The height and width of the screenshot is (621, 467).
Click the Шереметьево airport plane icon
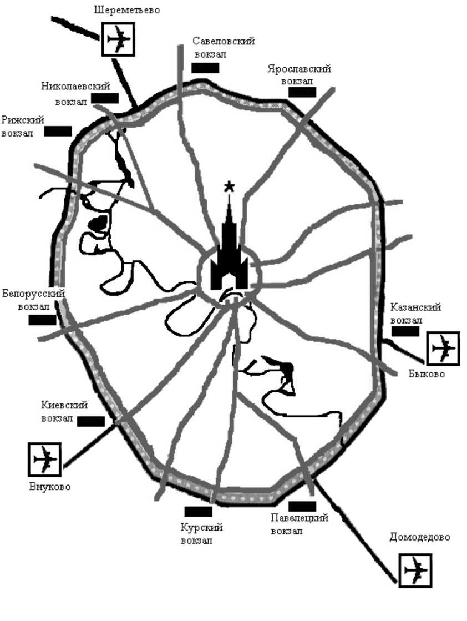118,39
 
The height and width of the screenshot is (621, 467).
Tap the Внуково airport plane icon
44,459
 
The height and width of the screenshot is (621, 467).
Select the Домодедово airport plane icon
415,570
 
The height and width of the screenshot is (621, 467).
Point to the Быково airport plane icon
443,348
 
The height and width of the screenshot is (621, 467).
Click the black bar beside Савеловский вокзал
205,68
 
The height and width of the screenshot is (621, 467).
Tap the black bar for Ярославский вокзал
302,92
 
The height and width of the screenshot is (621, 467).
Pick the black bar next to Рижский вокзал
58,132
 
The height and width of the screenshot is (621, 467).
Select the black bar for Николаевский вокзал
105,98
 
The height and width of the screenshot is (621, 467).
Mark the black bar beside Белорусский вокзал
43,320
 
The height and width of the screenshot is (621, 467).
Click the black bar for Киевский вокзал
91,422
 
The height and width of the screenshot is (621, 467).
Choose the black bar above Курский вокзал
198,511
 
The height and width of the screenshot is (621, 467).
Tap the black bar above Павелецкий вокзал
302,506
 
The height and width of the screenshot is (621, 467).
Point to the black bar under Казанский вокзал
405,331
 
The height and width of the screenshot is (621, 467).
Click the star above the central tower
229,186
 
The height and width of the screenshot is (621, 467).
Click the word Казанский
415,307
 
